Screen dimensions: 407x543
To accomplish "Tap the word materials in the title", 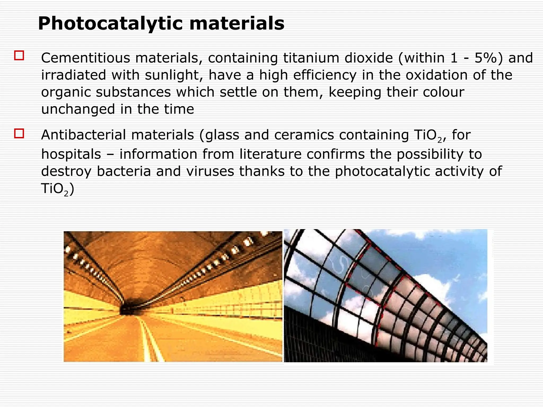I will click(237, 24).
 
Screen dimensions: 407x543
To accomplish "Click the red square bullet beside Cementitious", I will click(19, 55).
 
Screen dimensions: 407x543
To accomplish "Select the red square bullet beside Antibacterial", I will click(19, 133).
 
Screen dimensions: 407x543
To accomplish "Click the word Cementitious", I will click(85, 58).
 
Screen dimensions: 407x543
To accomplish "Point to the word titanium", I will click(311, 58).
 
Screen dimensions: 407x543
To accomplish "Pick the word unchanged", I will click(78, 109).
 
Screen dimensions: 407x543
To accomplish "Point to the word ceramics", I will click(304, 135).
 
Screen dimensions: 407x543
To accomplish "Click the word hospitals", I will click(71, 154).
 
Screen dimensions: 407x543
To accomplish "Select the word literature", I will click(270, 154).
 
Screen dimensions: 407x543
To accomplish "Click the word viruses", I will click(210, 171).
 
